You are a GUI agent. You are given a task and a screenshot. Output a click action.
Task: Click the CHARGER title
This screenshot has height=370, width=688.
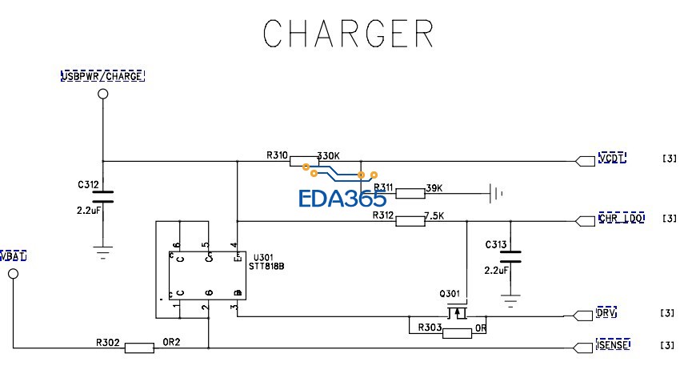click(348, 33)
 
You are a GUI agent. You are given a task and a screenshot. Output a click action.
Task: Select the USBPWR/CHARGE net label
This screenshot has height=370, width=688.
click(102, 76)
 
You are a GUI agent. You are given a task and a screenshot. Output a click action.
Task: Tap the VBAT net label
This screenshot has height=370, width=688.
click(14, 255)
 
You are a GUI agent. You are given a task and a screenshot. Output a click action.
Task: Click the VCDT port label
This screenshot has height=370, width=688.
click(612, 158)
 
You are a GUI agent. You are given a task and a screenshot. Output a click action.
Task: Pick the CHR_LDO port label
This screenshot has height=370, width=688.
click(621, 219)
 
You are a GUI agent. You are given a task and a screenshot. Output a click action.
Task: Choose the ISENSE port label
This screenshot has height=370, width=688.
click(613, 345)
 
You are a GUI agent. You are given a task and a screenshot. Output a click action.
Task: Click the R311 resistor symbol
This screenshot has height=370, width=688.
click(410, 193)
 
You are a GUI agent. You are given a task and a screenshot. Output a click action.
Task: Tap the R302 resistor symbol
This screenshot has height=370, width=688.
click(140, 348)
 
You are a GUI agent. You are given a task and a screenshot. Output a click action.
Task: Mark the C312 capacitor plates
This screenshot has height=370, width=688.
click(102, 196)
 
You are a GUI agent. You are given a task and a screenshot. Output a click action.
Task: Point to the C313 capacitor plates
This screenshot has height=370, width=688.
click(510, 257)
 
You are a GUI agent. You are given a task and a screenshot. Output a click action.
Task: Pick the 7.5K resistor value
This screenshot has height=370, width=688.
click(433, 215)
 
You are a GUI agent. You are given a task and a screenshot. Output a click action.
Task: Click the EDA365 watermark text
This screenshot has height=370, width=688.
click(342, 199)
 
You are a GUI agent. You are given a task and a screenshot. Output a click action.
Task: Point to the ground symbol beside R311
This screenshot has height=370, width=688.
click(498, 193)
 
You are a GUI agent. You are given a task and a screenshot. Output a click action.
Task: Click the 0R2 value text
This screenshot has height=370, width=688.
click(171, 342)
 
